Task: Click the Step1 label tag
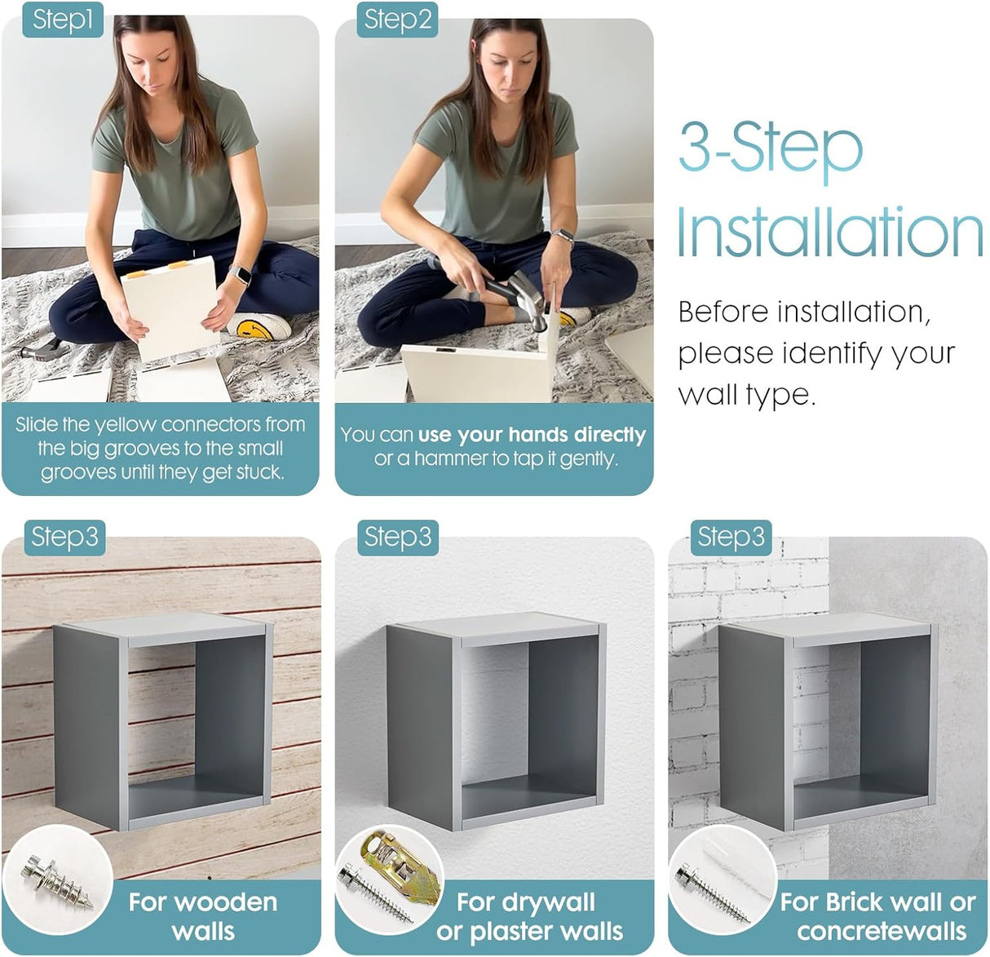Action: (x=63, y=20)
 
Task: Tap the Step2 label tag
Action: (x=397, y=20)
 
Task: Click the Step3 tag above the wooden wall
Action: (x=64, y=538)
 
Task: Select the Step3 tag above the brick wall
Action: (x=731, y=538)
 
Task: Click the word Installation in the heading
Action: (x=830, y=232)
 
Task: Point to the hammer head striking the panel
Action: (x=529, y=299)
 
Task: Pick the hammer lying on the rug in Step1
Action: (x=46, y=348)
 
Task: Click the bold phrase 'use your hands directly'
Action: (x=532, y=435)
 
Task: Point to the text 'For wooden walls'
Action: (x=203, y=916)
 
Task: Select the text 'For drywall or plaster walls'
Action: (x=529, y=916)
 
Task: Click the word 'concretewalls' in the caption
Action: (x=882, y=931)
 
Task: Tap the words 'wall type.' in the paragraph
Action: (x=747, y=395)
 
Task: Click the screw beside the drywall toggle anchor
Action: (x=379, y=893)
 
